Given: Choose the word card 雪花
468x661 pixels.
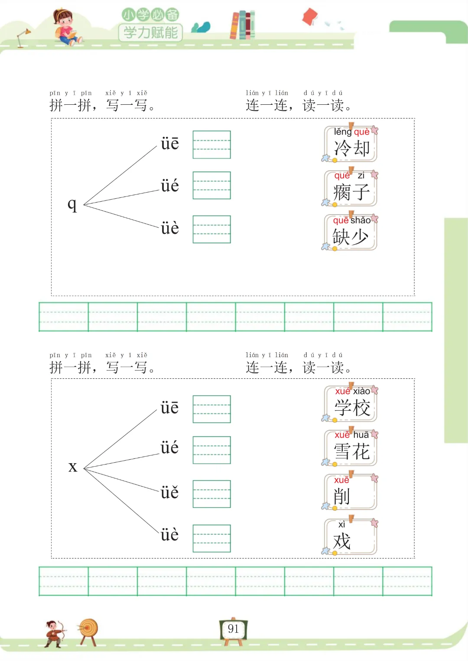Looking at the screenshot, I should coord(351,448).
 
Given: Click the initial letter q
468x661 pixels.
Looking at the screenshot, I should coord(72,204).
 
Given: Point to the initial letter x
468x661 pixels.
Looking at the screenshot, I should coord(73,467).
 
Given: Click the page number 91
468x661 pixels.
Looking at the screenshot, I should coord(233,629).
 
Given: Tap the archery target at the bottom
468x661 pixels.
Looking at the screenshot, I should coord(88,630).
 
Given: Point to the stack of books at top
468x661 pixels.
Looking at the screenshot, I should coord(243,25).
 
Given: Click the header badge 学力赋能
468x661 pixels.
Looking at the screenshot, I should coord(150,32).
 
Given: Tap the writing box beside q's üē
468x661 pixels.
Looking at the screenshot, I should coord(211,145).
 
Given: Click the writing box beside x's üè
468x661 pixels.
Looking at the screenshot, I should coord(211,538).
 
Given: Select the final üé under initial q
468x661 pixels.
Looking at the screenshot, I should coord(169,186).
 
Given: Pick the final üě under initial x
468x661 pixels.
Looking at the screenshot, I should coord(169,493).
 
